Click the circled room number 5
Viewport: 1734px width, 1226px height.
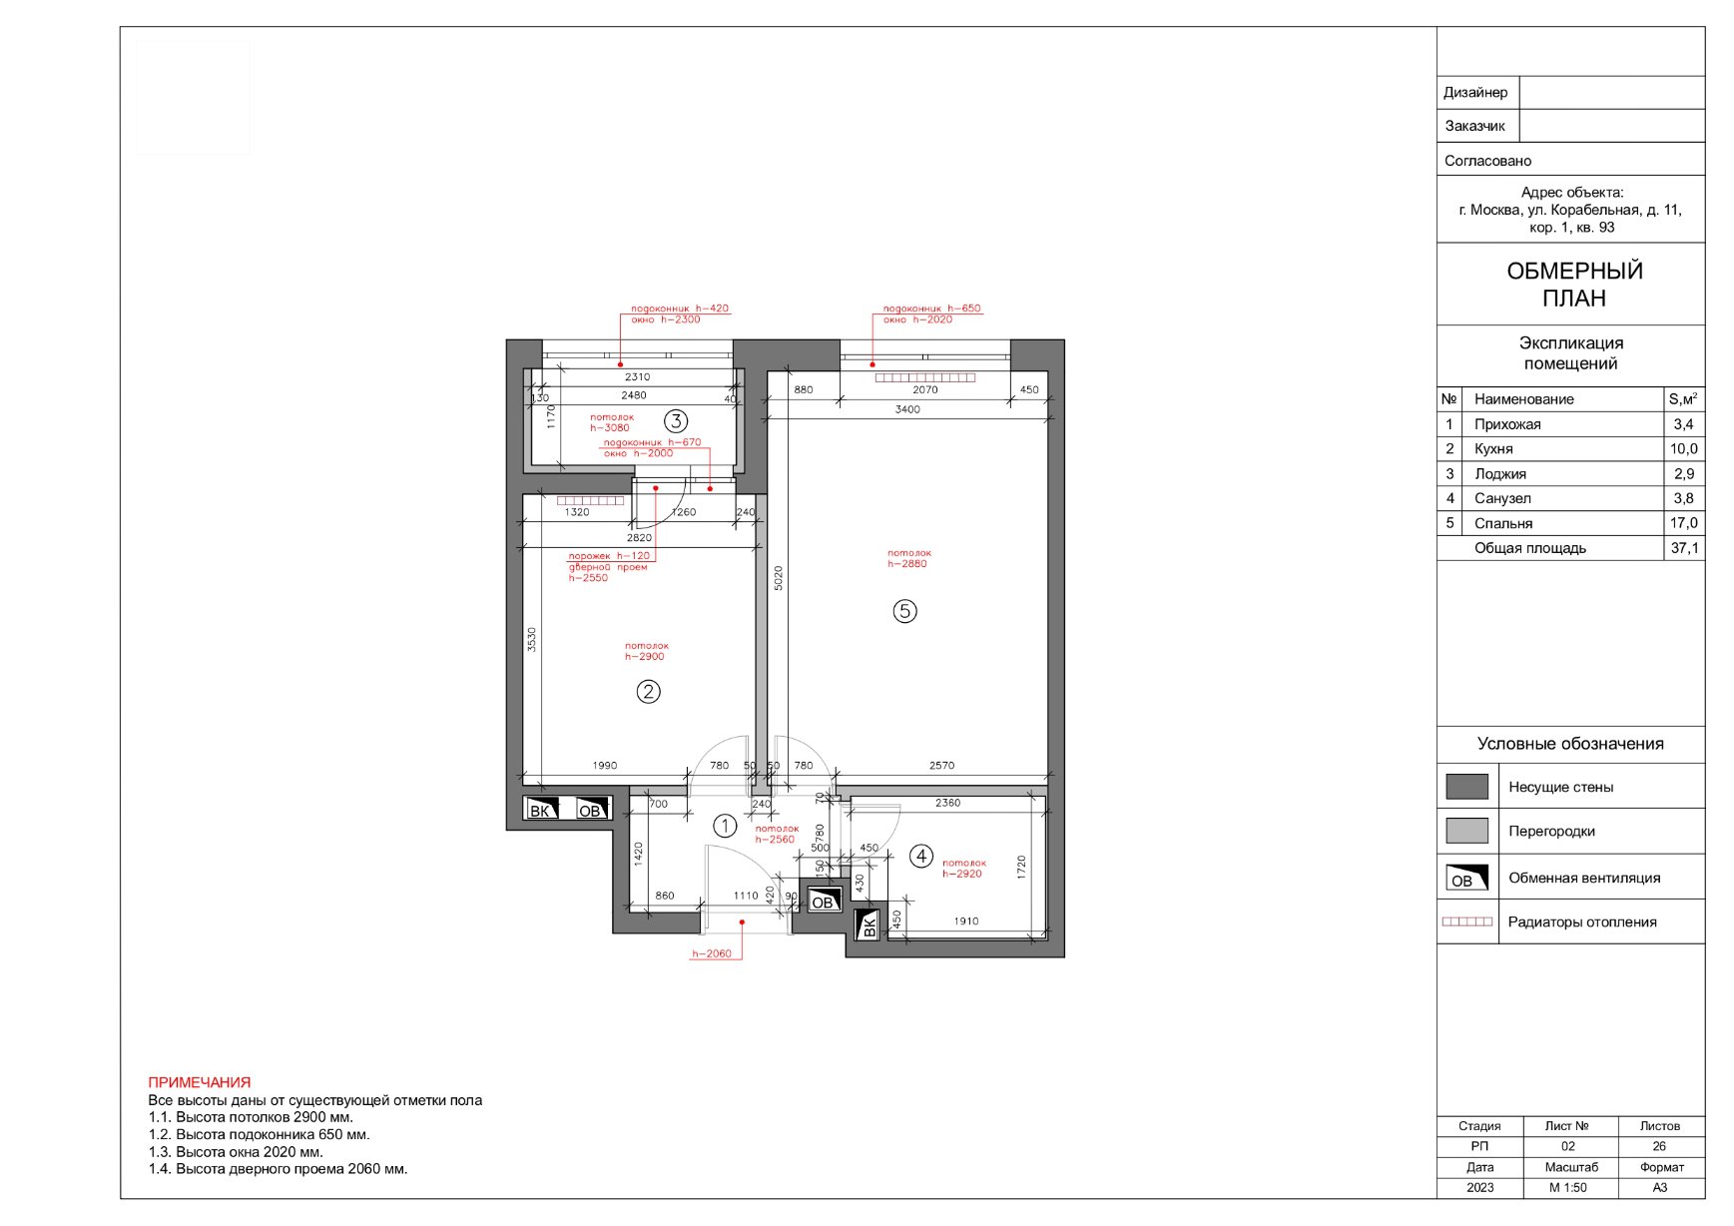tap(904, 611)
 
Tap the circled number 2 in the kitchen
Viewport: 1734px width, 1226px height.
tap(648, 691)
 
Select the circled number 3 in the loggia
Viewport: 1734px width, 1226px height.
tap(676, 421)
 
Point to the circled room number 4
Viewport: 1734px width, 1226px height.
tap(921, 856)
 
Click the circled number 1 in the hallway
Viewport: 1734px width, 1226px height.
tap(725, 826)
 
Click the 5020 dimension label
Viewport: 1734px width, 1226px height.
tap(779, 578)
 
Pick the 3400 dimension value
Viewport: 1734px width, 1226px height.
tap(907, 409)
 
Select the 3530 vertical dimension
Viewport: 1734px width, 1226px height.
tap(532, 640)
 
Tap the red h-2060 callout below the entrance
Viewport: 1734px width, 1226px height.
tap(712, 953)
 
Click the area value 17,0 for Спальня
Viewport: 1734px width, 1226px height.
tap(1684, 523)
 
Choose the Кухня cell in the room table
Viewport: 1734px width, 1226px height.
tap(1493, 449)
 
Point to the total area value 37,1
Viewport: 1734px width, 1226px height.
tap(1684, 548)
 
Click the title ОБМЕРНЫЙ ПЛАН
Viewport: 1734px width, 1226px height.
tap(1574, 285)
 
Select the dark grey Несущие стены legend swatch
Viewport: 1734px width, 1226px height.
tap(1466, 787)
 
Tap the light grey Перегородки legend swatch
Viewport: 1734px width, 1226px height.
tap(1466, 831)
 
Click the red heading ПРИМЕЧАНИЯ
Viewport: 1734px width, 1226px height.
tap(200, 1082)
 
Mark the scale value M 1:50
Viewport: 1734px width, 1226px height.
tap(1568, 1188)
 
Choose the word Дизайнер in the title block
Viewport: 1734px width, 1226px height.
tap(1475, 93)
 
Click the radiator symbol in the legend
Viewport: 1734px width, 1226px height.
tap(1467, 921)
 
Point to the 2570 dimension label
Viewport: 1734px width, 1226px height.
tap(941, 766)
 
